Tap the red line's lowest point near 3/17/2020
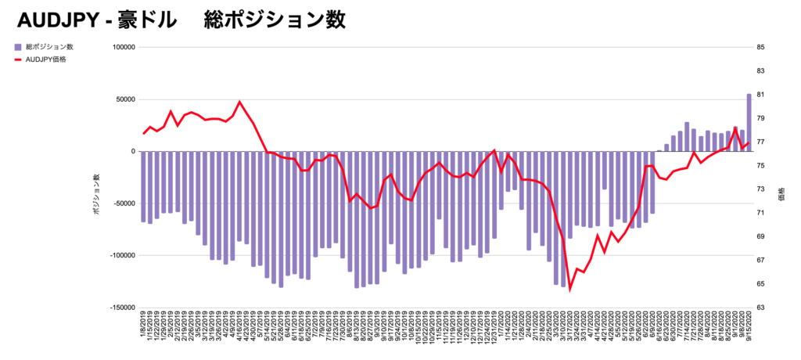click(569, 289)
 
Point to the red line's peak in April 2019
click(239, 102)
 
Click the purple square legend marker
click(18, 48)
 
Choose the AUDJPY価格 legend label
click(46, 59)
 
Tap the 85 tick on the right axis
click(760, 47)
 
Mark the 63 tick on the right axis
click(760, 308)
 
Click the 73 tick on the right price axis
click(760, 189)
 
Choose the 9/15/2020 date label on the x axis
click(749, 327)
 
